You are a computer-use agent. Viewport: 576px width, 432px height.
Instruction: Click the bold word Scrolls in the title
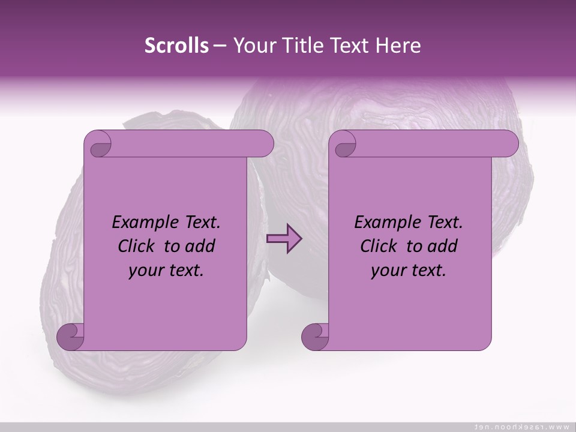tap(176, 46)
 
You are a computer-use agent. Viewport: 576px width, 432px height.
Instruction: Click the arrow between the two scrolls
tap(284, 239)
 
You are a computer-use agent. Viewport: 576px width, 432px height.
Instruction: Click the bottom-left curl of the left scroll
tap(71, 337)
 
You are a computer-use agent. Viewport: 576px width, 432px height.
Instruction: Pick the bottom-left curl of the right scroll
tap(315, 337)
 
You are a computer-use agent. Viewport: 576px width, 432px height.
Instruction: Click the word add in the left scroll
tap(199, 246)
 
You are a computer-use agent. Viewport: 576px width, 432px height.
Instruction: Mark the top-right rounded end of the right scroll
tap(507, 143)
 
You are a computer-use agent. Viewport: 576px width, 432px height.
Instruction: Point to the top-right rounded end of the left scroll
tap(263, 143)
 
